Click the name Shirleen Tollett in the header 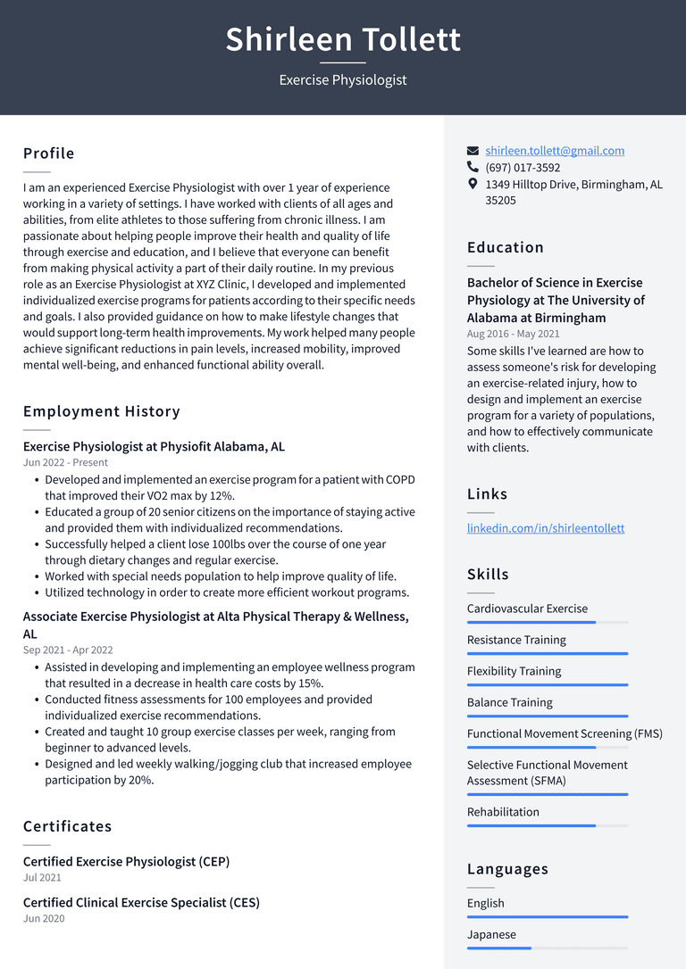[x=343, y=40]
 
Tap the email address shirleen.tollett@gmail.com [x=555, y=151]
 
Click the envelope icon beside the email [x=473, y=151]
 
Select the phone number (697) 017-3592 [x=523, y=168]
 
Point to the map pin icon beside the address [x=473, y=184]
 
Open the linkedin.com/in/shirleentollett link [x=545, y=528]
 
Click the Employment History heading [x=102, y=411]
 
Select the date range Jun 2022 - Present [x=65, y=463]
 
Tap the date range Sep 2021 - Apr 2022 [x=68, y=650]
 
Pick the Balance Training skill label [x=509, y=702]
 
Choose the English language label [x=485, y=903]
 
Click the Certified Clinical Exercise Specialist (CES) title [x=141, y=902]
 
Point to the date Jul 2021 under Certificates [x=42, y=878]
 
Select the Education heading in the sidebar [x=505, y=247]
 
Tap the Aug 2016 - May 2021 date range [x=513, y=334]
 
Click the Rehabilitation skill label [x=503, y=812]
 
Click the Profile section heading [x=49, y=153]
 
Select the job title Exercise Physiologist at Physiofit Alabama [x=154, y=446]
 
